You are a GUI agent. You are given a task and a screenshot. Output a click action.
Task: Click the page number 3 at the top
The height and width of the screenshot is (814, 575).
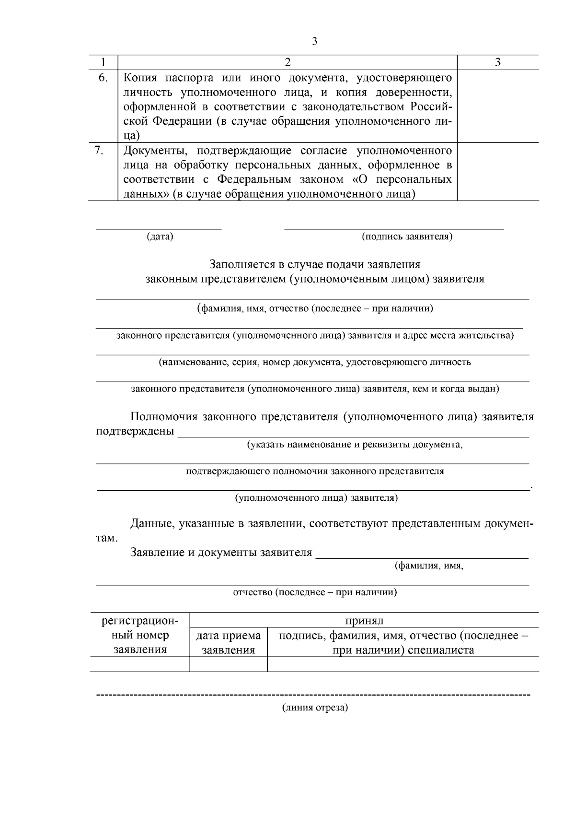click(x=315, y=41)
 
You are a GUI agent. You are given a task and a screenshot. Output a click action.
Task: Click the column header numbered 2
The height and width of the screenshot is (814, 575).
click(x=287, y=62)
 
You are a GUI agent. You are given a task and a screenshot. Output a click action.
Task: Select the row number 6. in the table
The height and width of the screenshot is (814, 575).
click(x=103, y=78)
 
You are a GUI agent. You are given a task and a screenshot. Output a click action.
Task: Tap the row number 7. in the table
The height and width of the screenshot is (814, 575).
click(x=99, y=150)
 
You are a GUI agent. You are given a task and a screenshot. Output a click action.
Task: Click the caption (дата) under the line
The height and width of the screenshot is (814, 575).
click(x=160, y=236)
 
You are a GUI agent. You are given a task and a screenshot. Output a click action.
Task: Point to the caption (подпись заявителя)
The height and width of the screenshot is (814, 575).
click(x=407, y=236)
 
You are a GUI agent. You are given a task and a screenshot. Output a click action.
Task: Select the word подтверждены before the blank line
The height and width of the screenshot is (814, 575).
click(x=135, y=431)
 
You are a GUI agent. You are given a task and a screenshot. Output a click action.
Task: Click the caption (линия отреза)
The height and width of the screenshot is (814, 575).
click(x=315, y=708)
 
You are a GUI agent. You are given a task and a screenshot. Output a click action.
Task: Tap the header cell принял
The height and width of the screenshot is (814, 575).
click(x=364, y=621)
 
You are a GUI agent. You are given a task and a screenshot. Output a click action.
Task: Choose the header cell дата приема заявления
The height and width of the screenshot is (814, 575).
click(x=229, y=643)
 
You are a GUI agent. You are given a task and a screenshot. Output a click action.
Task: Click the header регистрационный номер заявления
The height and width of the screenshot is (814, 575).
click(x=140, y=636)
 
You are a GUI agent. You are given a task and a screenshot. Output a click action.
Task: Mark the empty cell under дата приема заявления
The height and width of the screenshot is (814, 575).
click(x=229, y=664)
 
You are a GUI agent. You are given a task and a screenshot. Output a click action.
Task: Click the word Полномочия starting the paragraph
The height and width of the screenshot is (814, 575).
click(x=164, y=417)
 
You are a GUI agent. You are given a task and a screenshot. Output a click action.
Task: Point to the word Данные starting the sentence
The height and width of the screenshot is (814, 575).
click(x=151, y=524)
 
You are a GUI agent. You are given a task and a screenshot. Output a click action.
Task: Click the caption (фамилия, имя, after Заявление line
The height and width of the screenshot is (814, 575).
click(x=429, y=566)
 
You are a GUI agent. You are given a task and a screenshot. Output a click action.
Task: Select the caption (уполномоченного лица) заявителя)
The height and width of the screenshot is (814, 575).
click(x=316, y=498)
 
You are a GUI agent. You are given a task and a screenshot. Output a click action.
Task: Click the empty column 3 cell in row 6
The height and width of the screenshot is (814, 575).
click(x=498, y=106)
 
